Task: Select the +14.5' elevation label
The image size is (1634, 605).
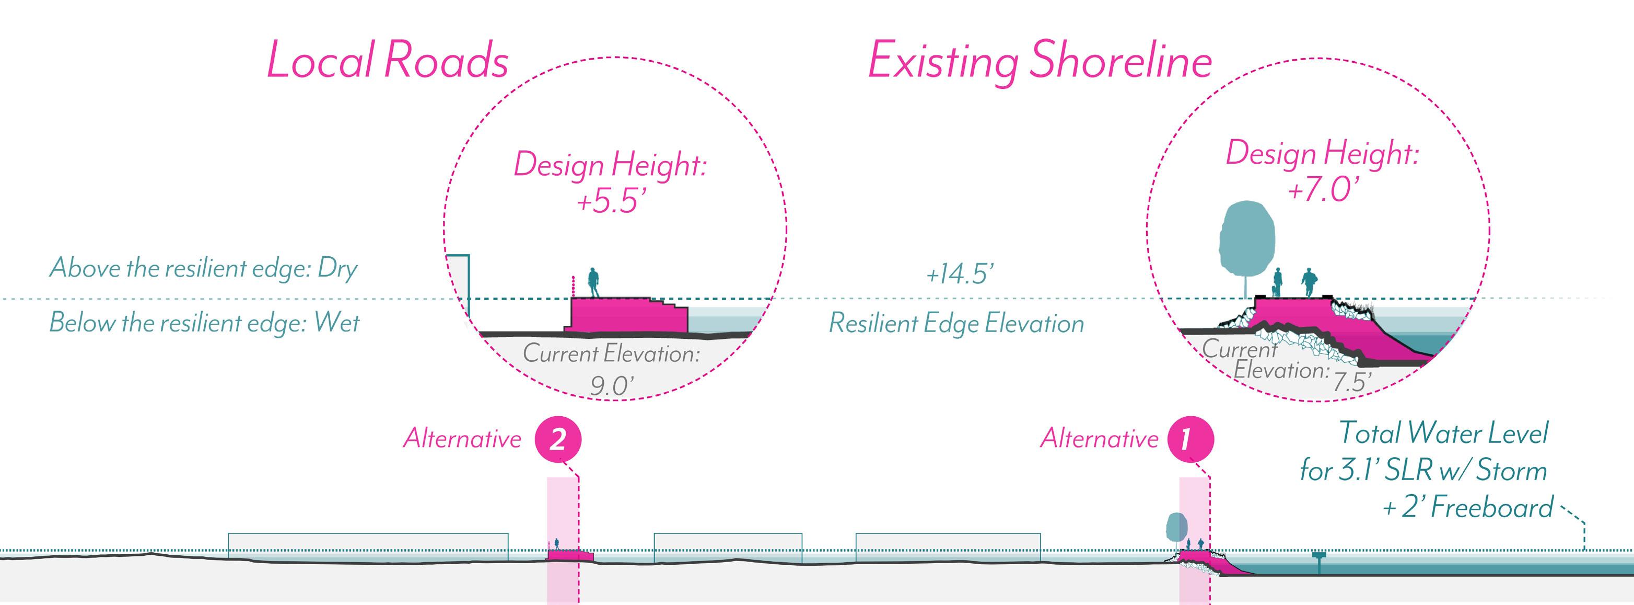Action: (x=959, y=275)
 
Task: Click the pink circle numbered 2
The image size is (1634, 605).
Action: (x=557, y=439)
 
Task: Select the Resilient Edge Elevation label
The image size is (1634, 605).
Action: (x=956, y=324)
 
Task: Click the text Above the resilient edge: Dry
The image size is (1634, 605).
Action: (x=203, y=268)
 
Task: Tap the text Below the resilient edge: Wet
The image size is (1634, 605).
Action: (x=204, y=323)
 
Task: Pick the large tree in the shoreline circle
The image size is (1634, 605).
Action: (x=1246, y=238)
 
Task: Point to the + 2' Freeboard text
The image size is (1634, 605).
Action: (x=1468, y=508)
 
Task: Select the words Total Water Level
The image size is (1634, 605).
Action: (x=1443, y=433)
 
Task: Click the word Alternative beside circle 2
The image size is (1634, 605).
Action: (x=462, y=439)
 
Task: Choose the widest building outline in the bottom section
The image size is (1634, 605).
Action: (x=368, y=546)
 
